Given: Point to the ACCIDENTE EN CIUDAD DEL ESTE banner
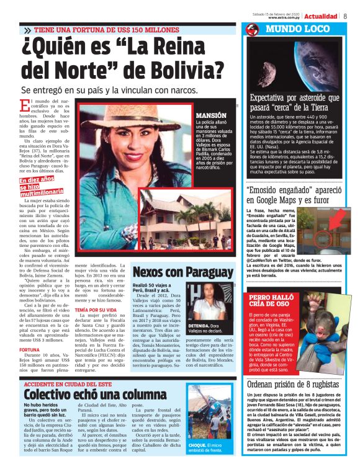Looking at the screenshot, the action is click(81, 383).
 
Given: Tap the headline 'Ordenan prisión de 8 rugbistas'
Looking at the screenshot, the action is click(291, 384).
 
